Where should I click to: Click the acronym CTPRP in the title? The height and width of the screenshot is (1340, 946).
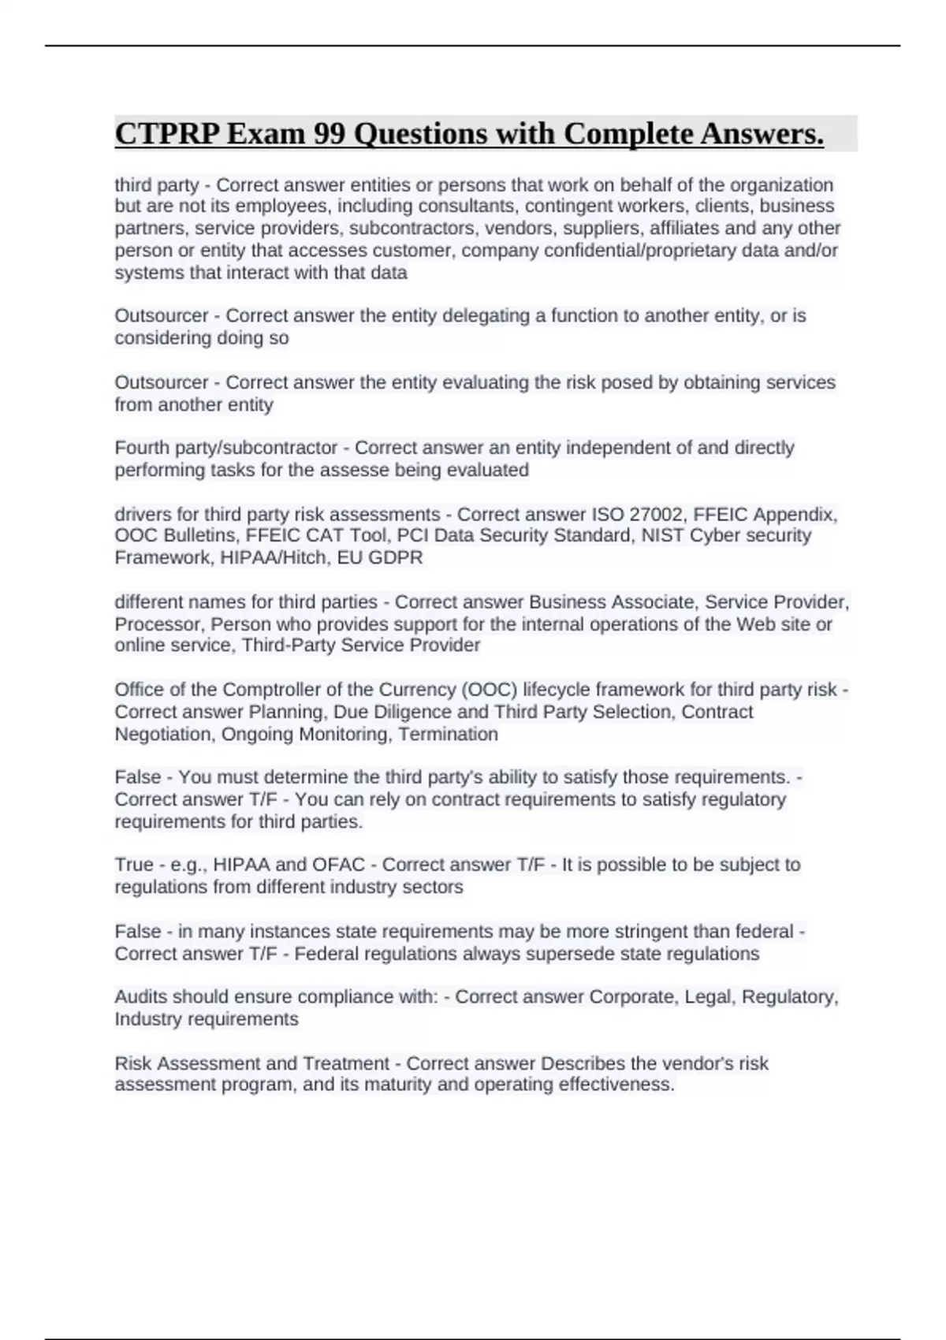pyautogui.click(x=166, y=134)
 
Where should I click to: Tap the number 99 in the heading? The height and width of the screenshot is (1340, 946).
pyautogui.click(x=330, y=134)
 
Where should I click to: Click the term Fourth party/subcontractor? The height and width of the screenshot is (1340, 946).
pyautogui.click(x=226, y=448)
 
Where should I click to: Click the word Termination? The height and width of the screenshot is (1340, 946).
pyautogui.click(x=449, y=735)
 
